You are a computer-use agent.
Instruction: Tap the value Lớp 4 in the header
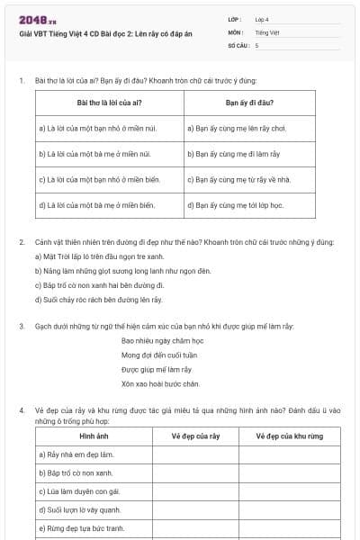[262, 19]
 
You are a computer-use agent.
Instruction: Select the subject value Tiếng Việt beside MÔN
[266, 31]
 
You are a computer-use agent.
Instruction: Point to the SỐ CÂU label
[238, 44]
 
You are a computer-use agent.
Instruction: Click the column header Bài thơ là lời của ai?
[109, 103]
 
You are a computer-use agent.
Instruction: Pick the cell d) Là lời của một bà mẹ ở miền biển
[96, 205]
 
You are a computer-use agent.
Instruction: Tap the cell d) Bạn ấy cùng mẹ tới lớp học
[236, 205]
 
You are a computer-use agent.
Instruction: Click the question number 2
[22, 242]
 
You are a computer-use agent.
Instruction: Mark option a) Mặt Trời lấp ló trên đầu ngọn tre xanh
[99, 256]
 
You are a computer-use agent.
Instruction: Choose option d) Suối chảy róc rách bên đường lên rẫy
[98, 299]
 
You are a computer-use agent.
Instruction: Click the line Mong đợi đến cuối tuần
[159, 355]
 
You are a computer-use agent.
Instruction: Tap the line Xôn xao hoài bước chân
[159, 383]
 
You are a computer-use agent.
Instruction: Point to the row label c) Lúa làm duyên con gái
[79, 490]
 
